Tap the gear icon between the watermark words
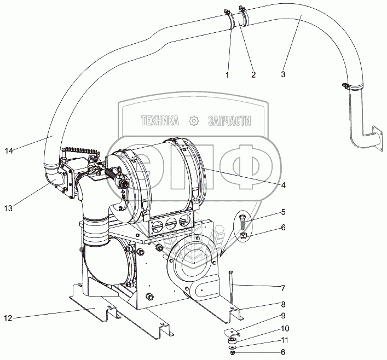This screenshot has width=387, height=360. pyautogui.click(x=193, y=120)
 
